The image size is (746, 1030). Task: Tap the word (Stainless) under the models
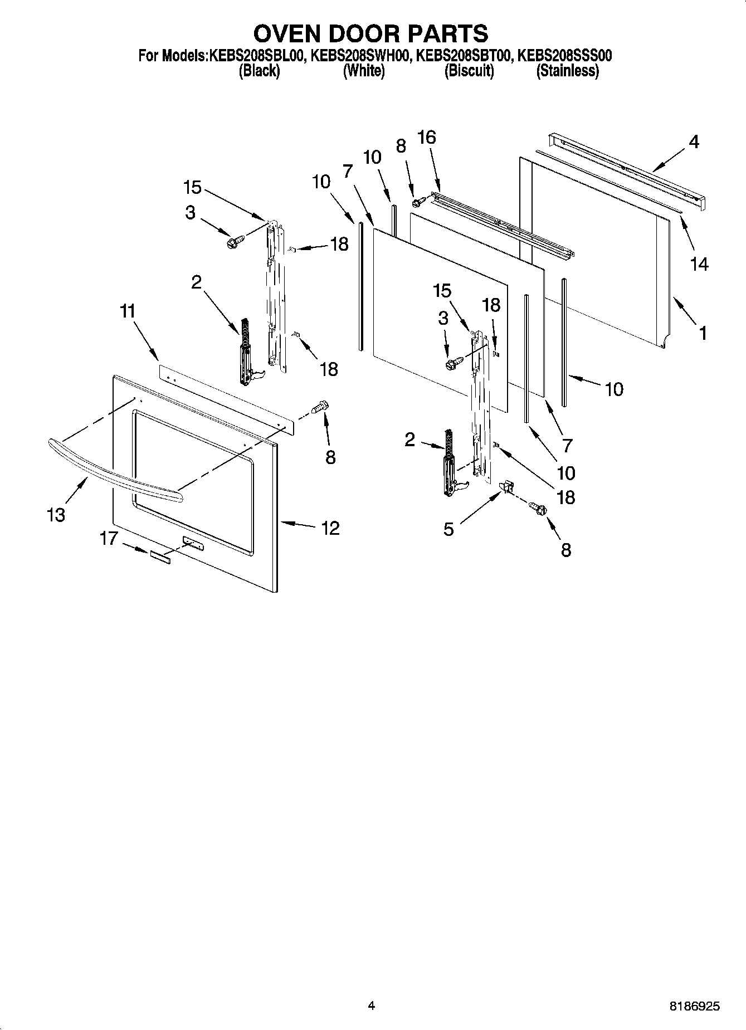click(x=567, y=71)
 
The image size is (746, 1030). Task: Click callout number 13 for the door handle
click(x=56, y=515)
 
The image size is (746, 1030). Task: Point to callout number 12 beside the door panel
click(x=330, y=528)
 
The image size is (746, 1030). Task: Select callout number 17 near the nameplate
click(x=109, y=538)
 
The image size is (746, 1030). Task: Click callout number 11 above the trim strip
click(x=128, y=311)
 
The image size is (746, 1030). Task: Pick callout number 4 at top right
click(x=693, y=142)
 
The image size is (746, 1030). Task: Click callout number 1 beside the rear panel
click(x=703, y=333)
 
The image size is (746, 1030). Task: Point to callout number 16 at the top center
click(x=427, y=137)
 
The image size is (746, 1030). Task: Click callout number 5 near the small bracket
click(x=449, y=529)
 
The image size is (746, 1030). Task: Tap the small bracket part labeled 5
click(x=506, y=487)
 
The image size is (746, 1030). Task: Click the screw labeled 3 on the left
click(x=233, y=242)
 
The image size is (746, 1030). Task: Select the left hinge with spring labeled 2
click(x=245, y=354)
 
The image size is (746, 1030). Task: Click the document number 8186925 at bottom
click(x=694, y=1007)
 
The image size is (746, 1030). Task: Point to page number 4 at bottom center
click(x=372, y=1005)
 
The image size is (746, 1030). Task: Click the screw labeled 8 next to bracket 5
click(x=539, y=508)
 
